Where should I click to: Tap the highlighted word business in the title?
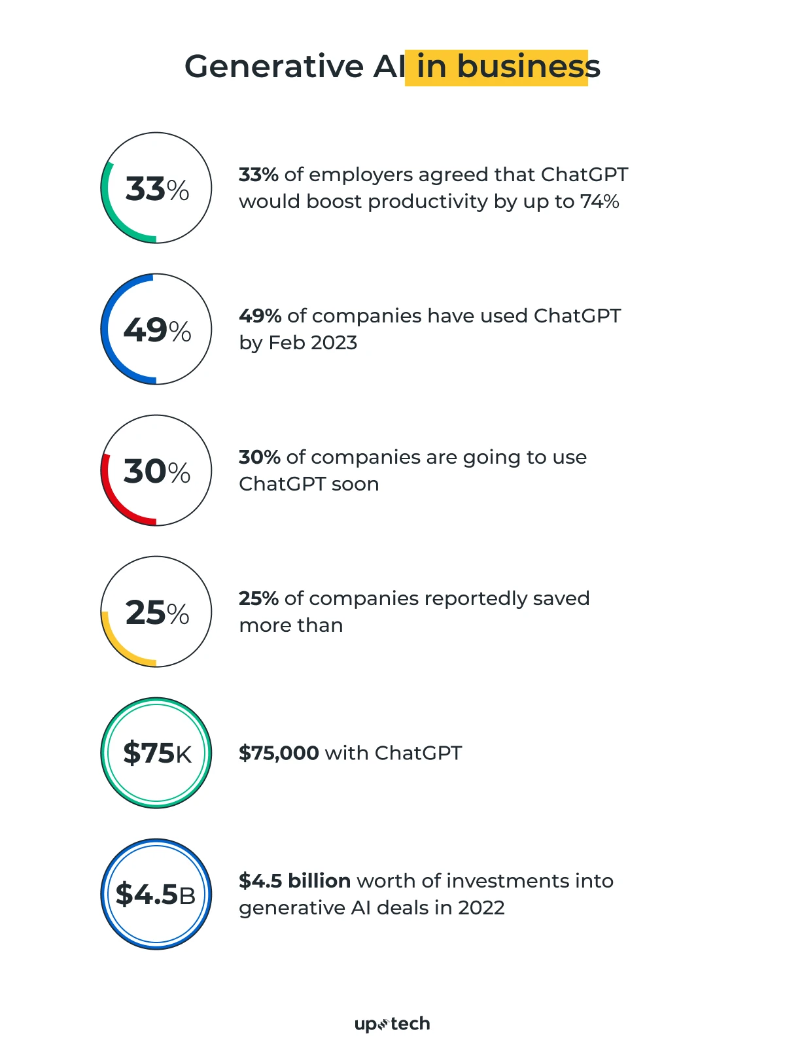pos(528,67)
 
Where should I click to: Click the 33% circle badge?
pos(156,188)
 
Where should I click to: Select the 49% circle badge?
pos(156,329)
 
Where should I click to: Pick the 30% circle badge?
pos(156,470)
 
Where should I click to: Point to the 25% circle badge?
pos(156,612)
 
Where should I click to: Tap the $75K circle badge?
pos(156,753)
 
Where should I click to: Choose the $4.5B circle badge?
pos(156,894)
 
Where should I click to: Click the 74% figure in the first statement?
pos(599,201)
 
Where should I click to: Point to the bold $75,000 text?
pos(279,753)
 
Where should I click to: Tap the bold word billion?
pos(319,881)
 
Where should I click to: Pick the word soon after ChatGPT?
pos(355,484)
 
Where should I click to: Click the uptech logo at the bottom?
pos(392,1024)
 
